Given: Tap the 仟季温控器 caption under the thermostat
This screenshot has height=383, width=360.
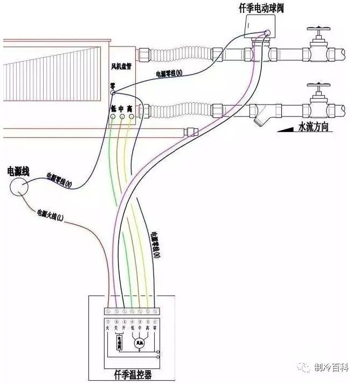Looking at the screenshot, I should click(x=132, y=373).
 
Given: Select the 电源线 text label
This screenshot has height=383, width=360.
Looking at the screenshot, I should click(x=18, y=171).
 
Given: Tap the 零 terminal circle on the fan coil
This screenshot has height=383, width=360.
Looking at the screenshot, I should click(x=113, y=93).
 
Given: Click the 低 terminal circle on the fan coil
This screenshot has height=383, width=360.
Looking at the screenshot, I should click(x=113, y=116).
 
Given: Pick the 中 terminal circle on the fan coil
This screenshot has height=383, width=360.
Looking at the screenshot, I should click(x=122, y=116).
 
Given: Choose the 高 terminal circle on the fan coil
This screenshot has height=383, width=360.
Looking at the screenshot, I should click(x=130, y=116).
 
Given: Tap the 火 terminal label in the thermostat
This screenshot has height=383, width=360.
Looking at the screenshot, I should click(x=108, y=326).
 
